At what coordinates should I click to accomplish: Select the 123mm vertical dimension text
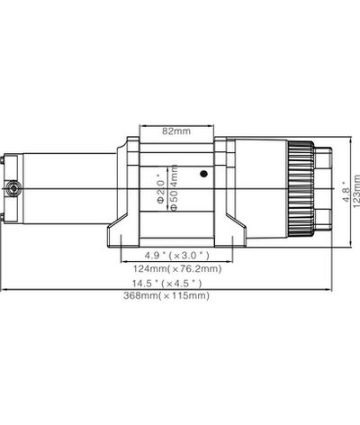(x=356, y=192)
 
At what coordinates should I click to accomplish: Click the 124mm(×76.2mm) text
(x=175, y=269)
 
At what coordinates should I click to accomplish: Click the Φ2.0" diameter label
(x=159, y=191)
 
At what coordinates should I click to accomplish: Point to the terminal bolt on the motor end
(x=14, y=188)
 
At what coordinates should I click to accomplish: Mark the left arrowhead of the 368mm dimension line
(x=4, y=290)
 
